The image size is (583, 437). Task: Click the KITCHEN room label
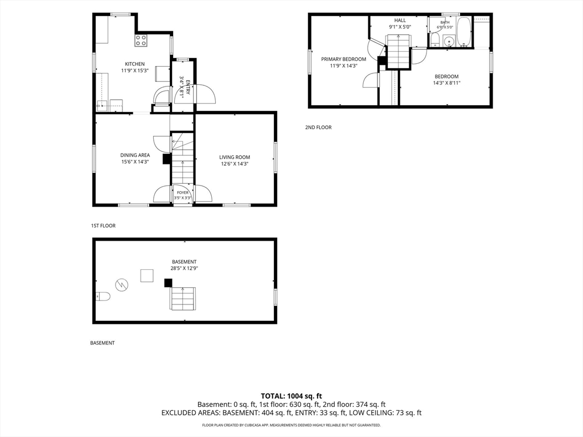coord(134,64)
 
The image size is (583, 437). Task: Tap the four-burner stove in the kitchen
coord(141,40)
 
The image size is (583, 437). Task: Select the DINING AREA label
coord(135,155)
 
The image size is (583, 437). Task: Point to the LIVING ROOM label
coord(235,157)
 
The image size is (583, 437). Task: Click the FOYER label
coord(183,192)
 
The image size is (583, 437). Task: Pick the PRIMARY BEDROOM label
coord(343,59)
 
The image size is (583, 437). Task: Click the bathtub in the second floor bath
coord(463,32)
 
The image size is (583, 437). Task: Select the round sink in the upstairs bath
coord(449,41)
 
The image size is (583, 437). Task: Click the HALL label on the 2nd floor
coord(400,20)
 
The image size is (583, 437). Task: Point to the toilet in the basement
coord(102,296)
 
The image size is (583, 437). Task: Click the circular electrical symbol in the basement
coord(122,285)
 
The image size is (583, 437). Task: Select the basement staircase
coord(183,298)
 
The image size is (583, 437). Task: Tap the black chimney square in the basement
coord(169,283)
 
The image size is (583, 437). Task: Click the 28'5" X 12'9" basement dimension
coord(184,269)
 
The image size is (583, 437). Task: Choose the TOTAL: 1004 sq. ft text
coord(291,396)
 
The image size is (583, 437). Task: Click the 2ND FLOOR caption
coord(318,127)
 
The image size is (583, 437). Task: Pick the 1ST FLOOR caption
coord(104,225)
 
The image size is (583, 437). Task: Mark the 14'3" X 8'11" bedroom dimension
coord(446,83)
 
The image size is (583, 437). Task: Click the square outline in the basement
coord(147,276)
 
